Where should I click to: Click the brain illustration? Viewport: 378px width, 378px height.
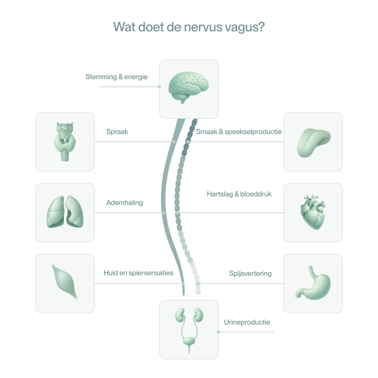189,87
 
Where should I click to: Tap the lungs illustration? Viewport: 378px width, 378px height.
65,212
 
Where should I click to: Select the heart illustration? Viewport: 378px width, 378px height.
313,212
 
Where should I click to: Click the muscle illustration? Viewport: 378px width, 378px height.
64,281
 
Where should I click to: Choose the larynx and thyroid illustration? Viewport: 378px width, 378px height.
65,142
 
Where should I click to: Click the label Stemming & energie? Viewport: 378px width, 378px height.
117,77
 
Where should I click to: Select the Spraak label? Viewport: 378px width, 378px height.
117,132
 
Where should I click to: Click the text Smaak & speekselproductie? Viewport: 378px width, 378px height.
239,132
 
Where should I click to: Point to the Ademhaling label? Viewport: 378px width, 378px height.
125,203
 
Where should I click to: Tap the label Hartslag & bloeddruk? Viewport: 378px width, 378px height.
239,194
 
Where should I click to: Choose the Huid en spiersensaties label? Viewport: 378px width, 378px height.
138,273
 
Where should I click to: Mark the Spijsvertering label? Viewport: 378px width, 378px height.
250,273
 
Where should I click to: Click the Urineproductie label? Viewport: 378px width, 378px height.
247,322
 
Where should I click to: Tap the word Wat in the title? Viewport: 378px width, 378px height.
125,27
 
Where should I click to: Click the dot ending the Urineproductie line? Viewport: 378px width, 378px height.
218,332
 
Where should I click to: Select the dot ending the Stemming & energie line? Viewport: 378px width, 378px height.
159,87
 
